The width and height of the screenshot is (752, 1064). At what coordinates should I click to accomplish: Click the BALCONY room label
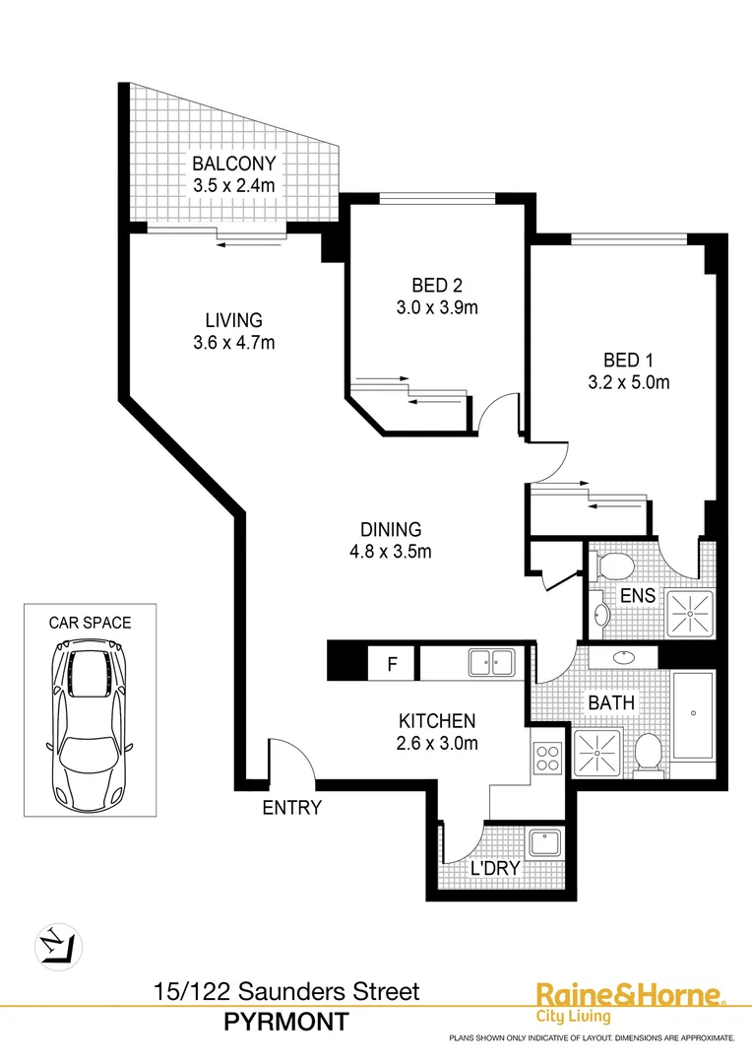(x=233, y=163)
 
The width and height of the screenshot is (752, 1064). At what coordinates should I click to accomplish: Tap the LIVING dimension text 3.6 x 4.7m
(x=233, y=343)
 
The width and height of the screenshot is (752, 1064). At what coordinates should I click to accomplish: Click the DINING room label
(x=390, y=529)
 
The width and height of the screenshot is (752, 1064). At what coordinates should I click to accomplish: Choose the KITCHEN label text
(x=437, y=721)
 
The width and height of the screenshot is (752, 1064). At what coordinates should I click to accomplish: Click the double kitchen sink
(x=489, y=663)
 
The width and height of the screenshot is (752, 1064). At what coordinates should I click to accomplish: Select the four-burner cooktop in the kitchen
(x=547, y=758)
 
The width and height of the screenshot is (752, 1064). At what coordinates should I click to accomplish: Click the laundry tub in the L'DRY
(x=544, y=842)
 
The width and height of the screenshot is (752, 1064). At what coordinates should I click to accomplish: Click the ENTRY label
(x=292, y=809)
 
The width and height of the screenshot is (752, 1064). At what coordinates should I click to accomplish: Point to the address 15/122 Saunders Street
(x=286, y=992)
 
